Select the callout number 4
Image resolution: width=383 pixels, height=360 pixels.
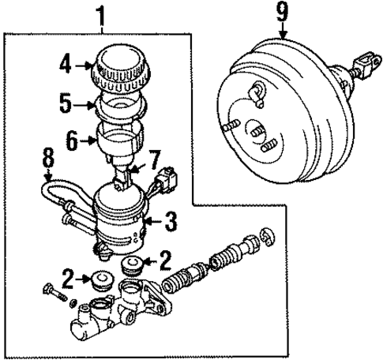[x=68, y=63]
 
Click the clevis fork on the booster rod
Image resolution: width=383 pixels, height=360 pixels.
[x=368, y=62]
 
